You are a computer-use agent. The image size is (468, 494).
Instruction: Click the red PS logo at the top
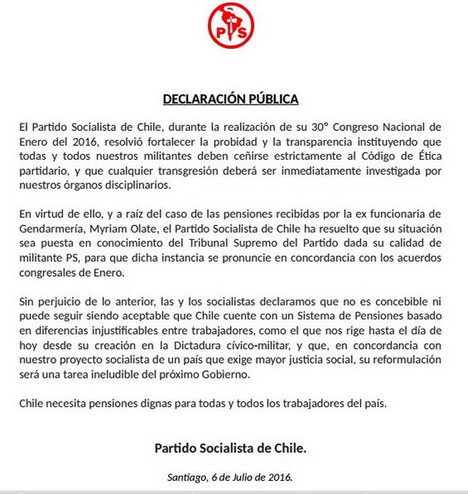coord(231,25)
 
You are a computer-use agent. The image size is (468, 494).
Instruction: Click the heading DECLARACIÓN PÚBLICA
coord(230,99)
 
